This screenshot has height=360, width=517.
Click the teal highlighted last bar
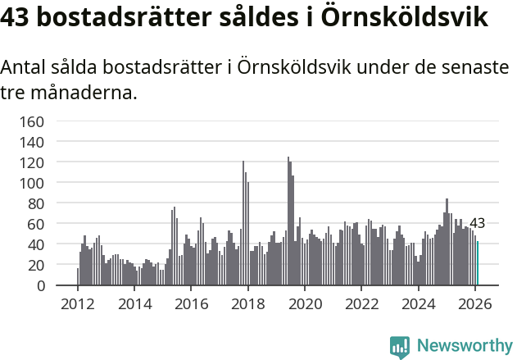click(478, 263)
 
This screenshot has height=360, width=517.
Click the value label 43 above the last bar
click(477, 223)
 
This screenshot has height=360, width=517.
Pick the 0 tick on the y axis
click(39, 286)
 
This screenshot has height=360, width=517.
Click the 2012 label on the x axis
click(78, 303)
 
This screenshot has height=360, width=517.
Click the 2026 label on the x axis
click(474, 303)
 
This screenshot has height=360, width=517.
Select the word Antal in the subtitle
click(25, 67)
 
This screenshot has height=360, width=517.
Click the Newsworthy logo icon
click(400, 347)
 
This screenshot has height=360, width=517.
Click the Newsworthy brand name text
click(464, 346)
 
